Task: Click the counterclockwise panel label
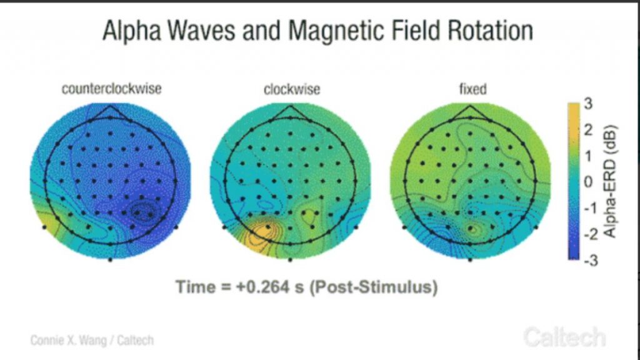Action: (111, 89)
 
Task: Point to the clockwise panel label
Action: (292, 89)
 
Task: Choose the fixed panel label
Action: (473, 89)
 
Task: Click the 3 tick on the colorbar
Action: (588, 104)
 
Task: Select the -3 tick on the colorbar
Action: (591, 259)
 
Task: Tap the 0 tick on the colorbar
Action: (588, 181)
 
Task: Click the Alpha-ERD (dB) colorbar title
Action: (609, 182)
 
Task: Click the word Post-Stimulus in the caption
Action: (373, 287)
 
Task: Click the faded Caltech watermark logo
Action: (565, 337)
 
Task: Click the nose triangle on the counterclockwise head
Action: (110, 112)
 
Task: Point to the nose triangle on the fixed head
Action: (470, 112)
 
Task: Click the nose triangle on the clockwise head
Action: (290, 112)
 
